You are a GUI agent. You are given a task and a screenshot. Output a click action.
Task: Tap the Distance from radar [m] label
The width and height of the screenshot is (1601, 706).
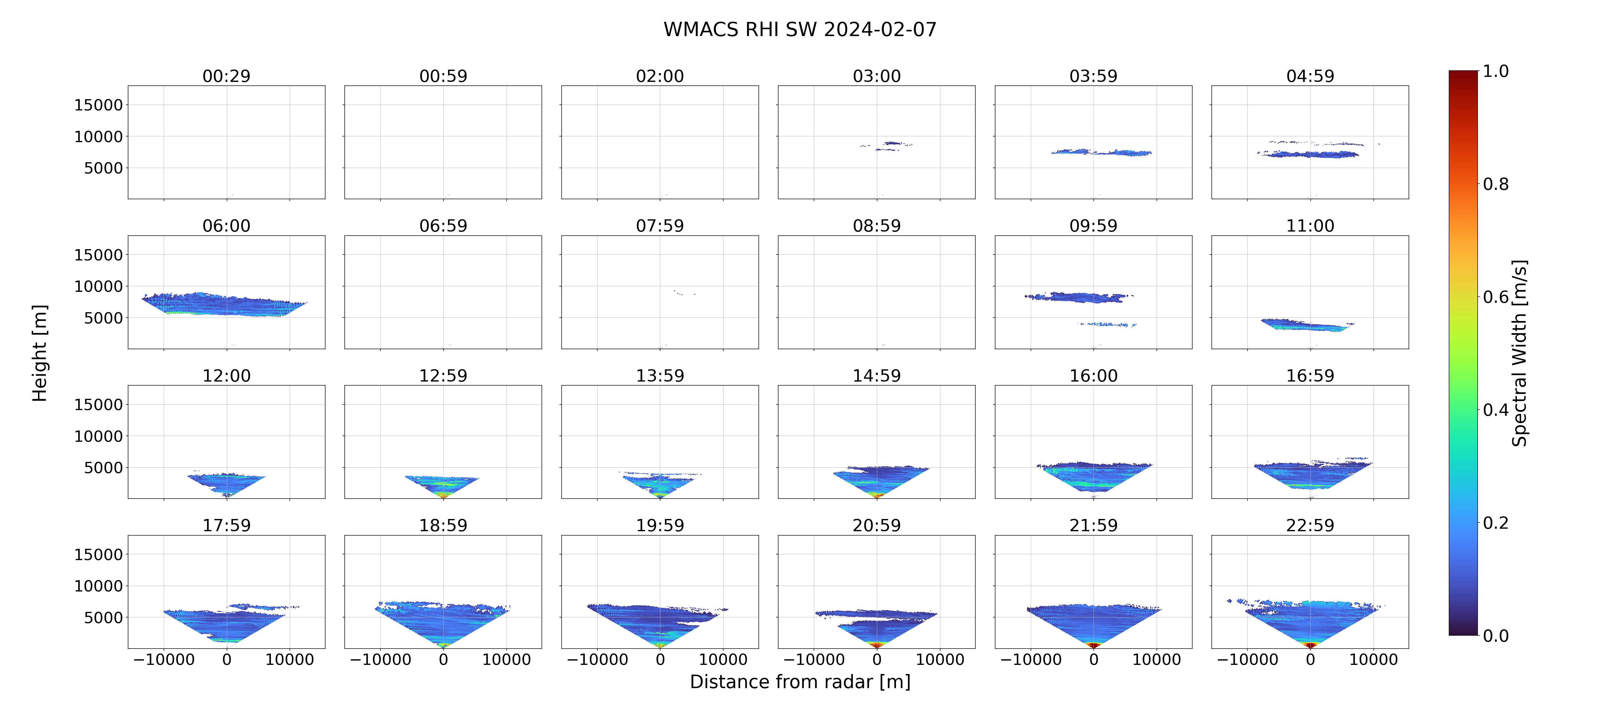click(x=800, y=682)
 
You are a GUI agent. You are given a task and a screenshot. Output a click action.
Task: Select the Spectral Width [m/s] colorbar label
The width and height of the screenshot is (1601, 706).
click(x=1519, y=353)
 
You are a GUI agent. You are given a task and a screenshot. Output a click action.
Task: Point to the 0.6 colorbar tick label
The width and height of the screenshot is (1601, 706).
click(x=1495, y=297)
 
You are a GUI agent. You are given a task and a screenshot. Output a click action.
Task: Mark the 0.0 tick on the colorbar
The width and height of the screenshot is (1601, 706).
click(x=1495, y=636)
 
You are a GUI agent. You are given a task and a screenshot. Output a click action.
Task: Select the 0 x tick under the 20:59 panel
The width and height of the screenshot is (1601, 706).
click(x=876, y=659)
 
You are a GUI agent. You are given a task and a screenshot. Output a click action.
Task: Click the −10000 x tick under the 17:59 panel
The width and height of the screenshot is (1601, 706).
click(x=164, y=659)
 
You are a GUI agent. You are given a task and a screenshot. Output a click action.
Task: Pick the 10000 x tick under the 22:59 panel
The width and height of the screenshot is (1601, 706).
click(x=1373, y=659)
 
